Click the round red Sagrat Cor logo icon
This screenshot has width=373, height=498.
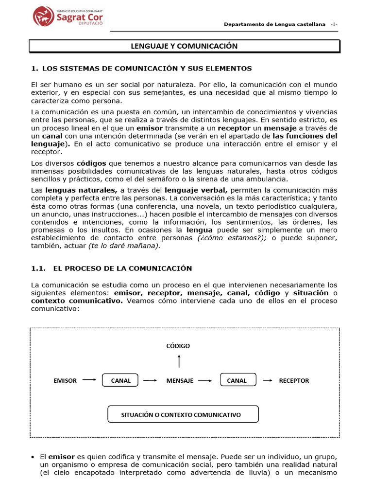point(44,17)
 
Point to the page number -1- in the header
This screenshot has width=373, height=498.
point(334,24)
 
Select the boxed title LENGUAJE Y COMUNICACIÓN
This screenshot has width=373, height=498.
point(184,46)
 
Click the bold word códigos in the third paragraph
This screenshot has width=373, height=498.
point(91,163)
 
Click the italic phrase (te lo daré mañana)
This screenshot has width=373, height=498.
point(124,246)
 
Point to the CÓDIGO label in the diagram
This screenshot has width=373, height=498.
point(178,346)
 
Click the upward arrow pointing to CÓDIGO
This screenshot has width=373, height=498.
point(179,361)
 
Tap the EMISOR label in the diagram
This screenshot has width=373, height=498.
point(65,381)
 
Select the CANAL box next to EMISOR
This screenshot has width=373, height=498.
point(120,381)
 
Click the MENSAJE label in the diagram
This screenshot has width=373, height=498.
point(180,381)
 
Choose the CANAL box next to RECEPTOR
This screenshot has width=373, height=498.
point(237,381)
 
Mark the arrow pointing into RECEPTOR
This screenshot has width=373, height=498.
point(267,380)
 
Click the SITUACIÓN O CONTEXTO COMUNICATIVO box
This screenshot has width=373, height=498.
point(183,415)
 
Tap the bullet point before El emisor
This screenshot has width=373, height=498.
point(33,457)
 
